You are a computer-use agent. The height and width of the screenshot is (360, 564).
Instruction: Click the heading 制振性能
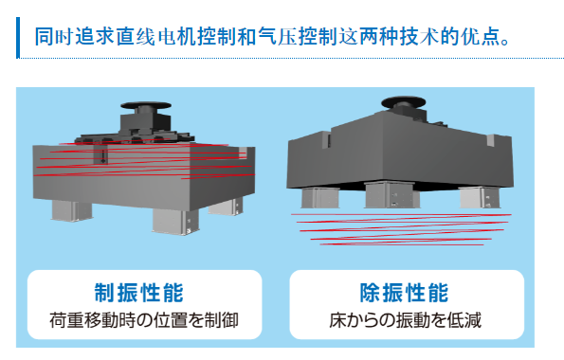coord(138,293)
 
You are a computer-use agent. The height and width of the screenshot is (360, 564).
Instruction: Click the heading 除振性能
coord(405,293)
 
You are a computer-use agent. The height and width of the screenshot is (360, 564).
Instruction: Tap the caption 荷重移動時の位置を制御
coord(144,319)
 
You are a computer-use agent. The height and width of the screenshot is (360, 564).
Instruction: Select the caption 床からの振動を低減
coord(405,319)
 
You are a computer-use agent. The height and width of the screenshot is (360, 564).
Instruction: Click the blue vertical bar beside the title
coord(18,37)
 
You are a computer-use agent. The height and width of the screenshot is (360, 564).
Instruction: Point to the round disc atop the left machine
coord(146,105)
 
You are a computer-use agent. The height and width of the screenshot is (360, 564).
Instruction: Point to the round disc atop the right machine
coord(403,101)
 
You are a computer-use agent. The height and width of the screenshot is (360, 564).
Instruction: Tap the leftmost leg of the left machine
coord(72,210)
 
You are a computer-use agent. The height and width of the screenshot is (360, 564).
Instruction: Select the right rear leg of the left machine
coord(226,207)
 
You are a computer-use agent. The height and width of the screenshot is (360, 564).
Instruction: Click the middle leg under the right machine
coord(391,195)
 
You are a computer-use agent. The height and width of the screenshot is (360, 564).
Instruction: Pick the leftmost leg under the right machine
coord(320,198)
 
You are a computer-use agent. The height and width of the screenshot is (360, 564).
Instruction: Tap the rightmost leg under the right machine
coord(480,198)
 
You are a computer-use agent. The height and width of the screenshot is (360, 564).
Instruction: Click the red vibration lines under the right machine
coord(401,229)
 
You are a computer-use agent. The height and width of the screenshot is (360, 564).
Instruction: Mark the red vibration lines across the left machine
coord(144,160)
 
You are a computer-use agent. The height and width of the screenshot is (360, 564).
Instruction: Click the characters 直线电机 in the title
coord(155,37)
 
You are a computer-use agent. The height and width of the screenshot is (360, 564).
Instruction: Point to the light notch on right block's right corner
coord(492,140)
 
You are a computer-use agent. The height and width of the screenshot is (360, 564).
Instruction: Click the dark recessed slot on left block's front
coord(100,154)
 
